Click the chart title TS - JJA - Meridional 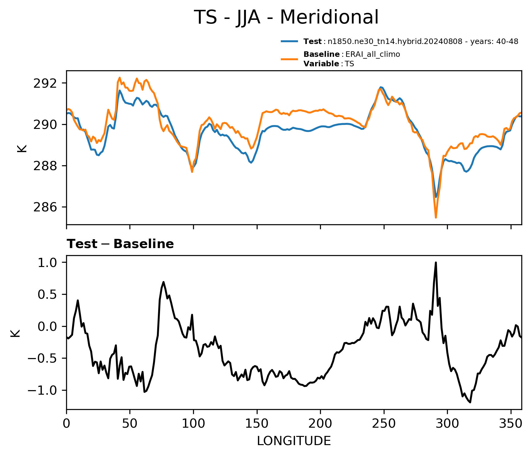coord(286,17)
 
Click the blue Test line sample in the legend coord(289,41)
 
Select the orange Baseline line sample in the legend coord(289,59)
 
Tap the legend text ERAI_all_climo coord(373,54)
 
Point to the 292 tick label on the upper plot coord(45,83)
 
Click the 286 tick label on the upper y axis coord(45,207)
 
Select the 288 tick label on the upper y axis coord(45,166)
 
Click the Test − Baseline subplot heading coord(120,244)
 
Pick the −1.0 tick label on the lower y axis coord(43,391)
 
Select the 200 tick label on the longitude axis coord(320,423)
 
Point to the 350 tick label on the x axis coord(511,423)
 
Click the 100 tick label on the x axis coord(193,423)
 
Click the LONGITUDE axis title coord(294,441)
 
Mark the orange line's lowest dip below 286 coord(436,217)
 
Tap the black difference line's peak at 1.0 coord(436,262)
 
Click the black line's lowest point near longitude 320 coord(470,402)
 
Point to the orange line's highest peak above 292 coord(120,78)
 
